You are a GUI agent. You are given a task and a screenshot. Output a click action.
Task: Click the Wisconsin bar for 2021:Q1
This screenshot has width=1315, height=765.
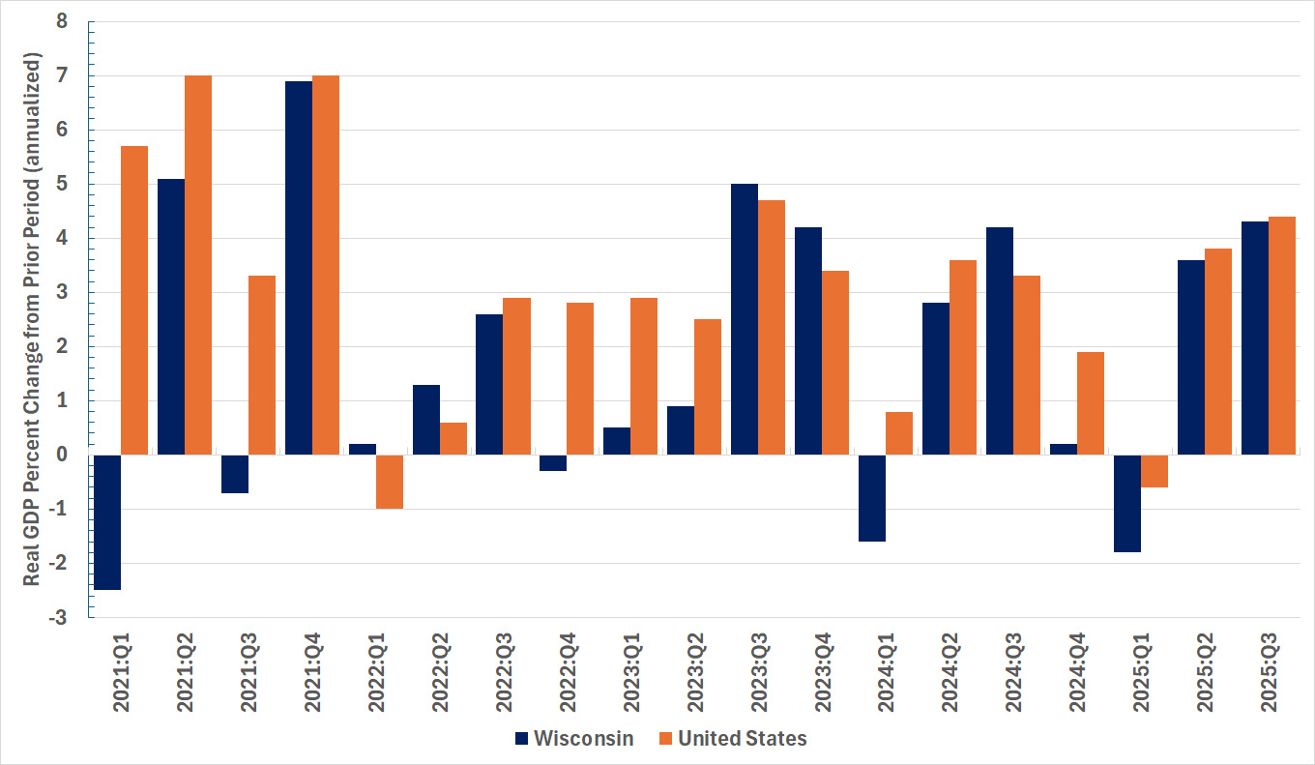[x=107, y=521]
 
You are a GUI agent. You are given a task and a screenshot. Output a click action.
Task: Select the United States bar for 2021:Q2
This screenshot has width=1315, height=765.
[x=198, y=265]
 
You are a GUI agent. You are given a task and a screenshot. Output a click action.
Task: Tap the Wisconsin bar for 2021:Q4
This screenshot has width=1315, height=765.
[x=299, y=268]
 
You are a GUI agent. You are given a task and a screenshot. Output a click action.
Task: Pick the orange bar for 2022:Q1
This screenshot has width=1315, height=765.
[x=390, y=482]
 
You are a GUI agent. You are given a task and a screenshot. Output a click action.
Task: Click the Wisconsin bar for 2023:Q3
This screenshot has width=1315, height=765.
[x=745, y=319]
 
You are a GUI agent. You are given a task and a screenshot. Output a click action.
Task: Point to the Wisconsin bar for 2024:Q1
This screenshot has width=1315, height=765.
[x=872, y=498]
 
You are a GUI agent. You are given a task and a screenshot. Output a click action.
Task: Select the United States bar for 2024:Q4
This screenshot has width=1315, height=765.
[x=1091, y=403]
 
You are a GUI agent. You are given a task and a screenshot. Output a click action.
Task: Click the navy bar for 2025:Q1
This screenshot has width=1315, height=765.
[x=1127, y=503]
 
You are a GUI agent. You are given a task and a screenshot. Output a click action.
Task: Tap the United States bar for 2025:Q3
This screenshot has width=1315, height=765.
[x=1282, y=336]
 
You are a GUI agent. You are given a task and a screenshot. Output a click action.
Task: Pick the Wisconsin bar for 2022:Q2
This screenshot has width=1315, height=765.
[x=426, y=420]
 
